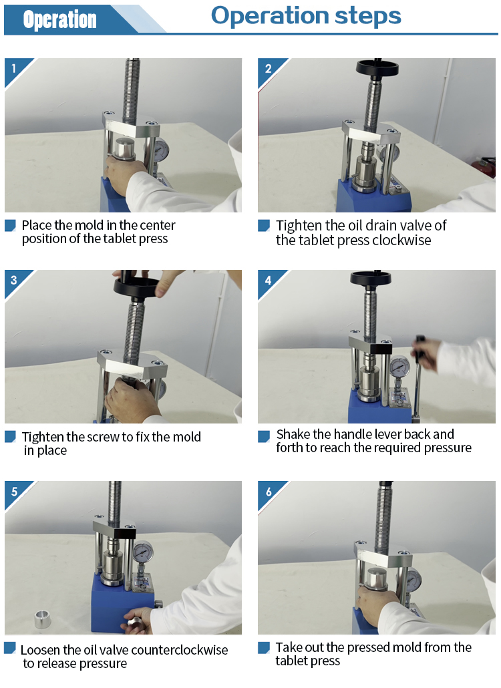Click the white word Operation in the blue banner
(59, 20)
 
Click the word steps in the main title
(367, 16)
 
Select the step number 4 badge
(268, 280)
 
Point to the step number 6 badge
(269, 492)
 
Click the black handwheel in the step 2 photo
(377, 68)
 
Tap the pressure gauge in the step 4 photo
(399, 367)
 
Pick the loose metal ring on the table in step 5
(43, 619)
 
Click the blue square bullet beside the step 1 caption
(10, 226)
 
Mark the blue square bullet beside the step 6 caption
(264, 648)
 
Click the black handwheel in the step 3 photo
(136, 287)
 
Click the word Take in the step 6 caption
(288, 647)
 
